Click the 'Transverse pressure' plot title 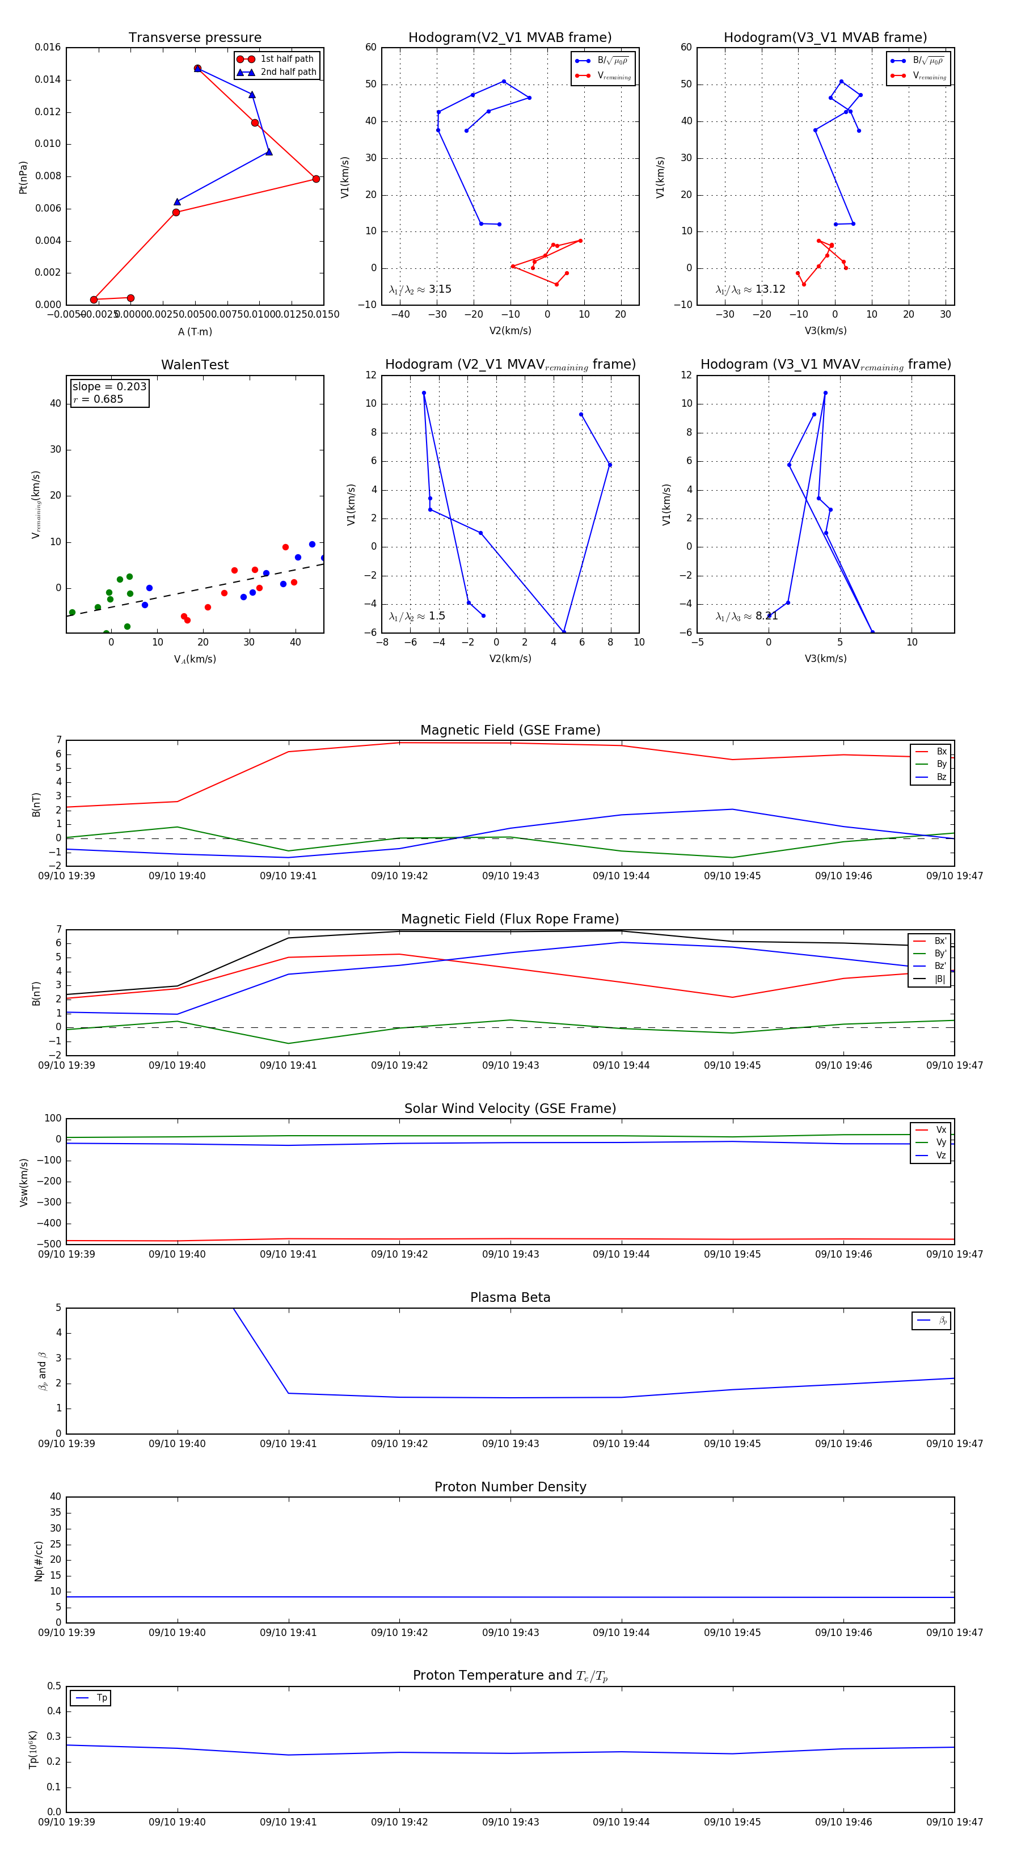pos(195,38)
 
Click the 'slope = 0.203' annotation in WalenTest pos(109,387)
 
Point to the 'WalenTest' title pos(195,365)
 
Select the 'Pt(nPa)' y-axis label pos(23,178)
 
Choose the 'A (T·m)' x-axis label pos(195,332)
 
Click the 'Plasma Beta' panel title pos(510,1298)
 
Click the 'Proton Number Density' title pos(510,1487)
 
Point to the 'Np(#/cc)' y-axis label pos(39,1561)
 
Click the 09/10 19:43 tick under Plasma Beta pos(510,1444)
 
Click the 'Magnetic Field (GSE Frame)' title pos(510,730)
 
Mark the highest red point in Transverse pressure pos(197,68)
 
